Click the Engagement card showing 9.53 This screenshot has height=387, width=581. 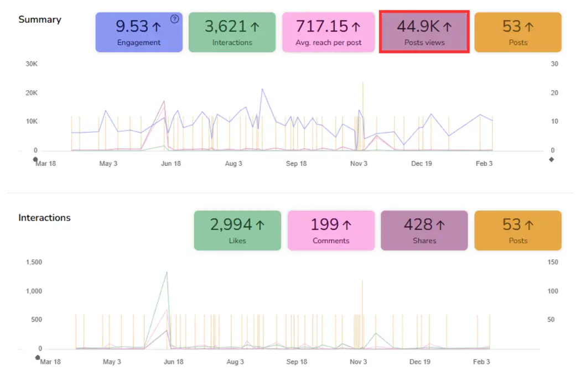pyautogui.click(x=139, y=33)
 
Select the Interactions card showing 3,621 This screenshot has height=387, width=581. pyautogui.click(x=232, y=33)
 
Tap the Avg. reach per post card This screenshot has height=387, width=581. pyautogui.click(x=329, y=33)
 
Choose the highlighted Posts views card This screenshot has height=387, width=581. pyautogui.click(x=424, y=33)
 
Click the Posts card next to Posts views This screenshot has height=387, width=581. pyautogui.click(x=518, y=33)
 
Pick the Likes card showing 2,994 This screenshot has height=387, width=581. pyautogui.click(x=237, y=231)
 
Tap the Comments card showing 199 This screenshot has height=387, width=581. pyautogui.click(x=331, y=231)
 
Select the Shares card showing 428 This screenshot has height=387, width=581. pyautogui.click(x=424, y=231)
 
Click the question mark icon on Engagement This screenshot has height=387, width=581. pyautogui.click(x=175, y=19)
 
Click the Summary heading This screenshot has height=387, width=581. pyautogui.click(x=40, y=19)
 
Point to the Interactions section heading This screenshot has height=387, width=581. pyautogui.click(x=44, y=217)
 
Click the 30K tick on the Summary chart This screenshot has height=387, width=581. pyautogui.click(x=32, y=64)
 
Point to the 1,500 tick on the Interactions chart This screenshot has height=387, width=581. pyautogui.click(x=34, y=262)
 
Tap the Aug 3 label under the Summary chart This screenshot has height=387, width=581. pyautogui.click(x=234, y=164)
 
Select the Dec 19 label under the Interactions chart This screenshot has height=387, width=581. pyautogui.click(x=420, y=362)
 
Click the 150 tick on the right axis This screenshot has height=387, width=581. pyautogui.click(x=552, y=262)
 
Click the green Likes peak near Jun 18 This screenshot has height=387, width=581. pyautogui.click(x=167, y=272)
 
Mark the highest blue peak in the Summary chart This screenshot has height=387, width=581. pyautogui.click(x=262, y=89)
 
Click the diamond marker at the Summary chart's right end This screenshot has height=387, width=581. pyautogui.click(x=551, y=160)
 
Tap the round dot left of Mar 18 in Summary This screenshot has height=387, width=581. pyautogui.click(x=36, y=159)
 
